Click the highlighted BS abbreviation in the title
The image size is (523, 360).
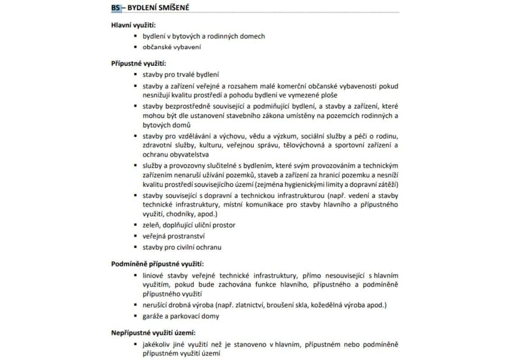[x=116, y=8]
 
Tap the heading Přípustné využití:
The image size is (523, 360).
[x=139, y=63]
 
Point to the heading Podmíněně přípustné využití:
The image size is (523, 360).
[x=160, y=264]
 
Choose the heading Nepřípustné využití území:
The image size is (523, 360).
[x=153, y=333]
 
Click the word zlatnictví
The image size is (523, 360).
[x=249, y=305]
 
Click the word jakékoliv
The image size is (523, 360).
[x=158, y=344]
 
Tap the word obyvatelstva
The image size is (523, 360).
[x=166, y=154]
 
